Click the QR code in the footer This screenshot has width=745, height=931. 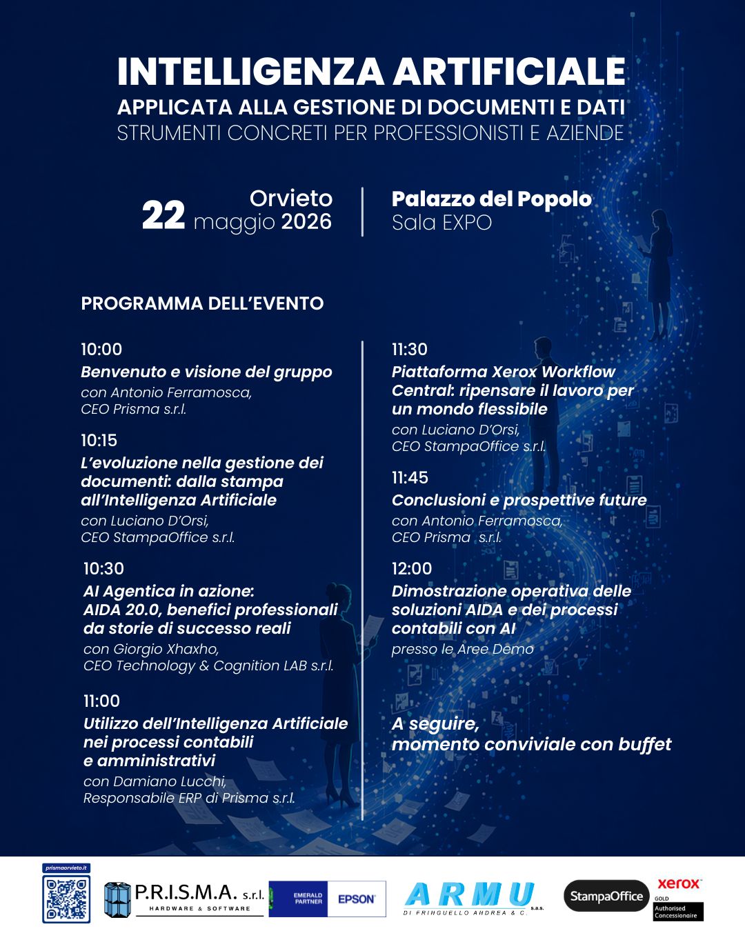(66, 899)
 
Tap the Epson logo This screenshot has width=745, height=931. (356, 899)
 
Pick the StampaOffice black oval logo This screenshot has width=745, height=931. (606, 897)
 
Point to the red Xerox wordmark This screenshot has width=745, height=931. (679, 883)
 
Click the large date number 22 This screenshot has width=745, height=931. (163, 216)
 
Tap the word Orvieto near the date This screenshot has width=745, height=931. (290, 199)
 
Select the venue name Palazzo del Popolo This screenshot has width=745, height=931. (491, 199)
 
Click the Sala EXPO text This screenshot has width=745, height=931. (441, 223)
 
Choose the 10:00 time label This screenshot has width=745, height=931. (101, 350)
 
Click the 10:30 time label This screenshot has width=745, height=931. (103, 569)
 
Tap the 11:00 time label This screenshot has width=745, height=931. (101, 701)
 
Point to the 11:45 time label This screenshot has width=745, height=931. (410, 478)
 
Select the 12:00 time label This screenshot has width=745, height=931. (411, 569)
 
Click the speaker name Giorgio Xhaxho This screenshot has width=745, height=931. (166, 649)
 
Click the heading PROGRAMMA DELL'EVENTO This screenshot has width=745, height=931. (202, 303)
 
